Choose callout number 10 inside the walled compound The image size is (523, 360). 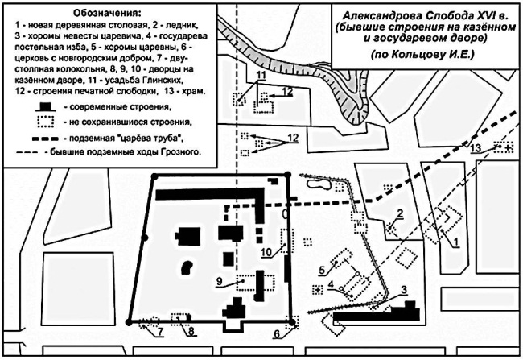point(265,252)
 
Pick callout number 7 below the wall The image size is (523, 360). point(159,330)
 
